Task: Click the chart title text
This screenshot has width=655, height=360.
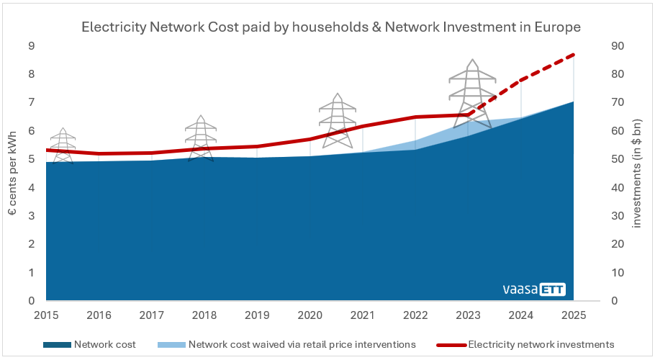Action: (x=331, y=27)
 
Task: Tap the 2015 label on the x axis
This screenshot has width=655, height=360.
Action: (x=46, y=315)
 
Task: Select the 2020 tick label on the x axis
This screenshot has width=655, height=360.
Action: (x=310, y=315)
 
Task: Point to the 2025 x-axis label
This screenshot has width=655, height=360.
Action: (x=574, y=315)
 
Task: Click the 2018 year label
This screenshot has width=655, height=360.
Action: (x=204, y=315)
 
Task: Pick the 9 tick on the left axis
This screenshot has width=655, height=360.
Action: (x=31, y=46)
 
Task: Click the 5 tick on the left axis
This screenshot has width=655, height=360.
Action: (x=31, y=159)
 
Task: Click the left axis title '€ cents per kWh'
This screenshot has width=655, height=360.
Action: (x=13, y=173)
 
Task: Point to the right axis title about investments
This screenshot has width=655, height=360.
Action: (x=636, y=173)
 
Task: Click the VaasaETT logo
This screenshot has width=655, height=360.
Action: (x=534, y=289)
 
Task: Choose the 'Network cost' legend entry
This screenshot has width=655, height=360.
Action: (x=104, y=344)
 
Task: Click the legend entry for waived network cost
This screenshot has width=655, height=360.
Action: (x=302, y=344)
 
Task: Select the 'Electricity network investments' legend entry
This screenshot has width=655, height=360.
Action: (x=540, y=344)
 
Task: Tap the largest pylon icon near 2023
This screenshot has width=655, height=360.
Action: (x=472, y=94)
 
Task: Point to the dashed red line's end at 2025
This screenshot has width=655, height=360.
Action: (x=573, y=55)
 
